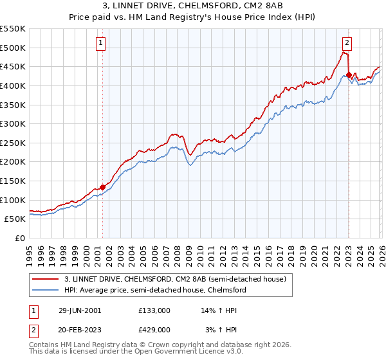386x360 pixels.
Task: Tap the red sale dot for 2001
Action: tap(102, 187)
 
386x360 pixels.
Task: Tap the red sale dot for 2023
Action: tap(349, 75)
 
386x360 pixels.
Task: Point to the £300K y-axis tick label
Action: tap(13, 123)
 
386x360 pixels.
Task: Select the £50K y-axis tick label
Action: tap(15, 219)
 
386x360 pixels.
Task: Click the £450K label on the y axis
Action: tap(13, 66)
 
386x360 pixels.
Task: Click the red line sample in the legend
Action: tap(46, 279)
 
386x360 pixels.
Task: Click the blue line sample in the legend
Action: tap(46, 290)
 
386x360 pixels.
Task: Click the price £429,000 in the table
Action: tap(154, 329)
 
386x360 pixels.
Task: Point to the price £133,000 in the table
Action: tap(154, 310)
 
